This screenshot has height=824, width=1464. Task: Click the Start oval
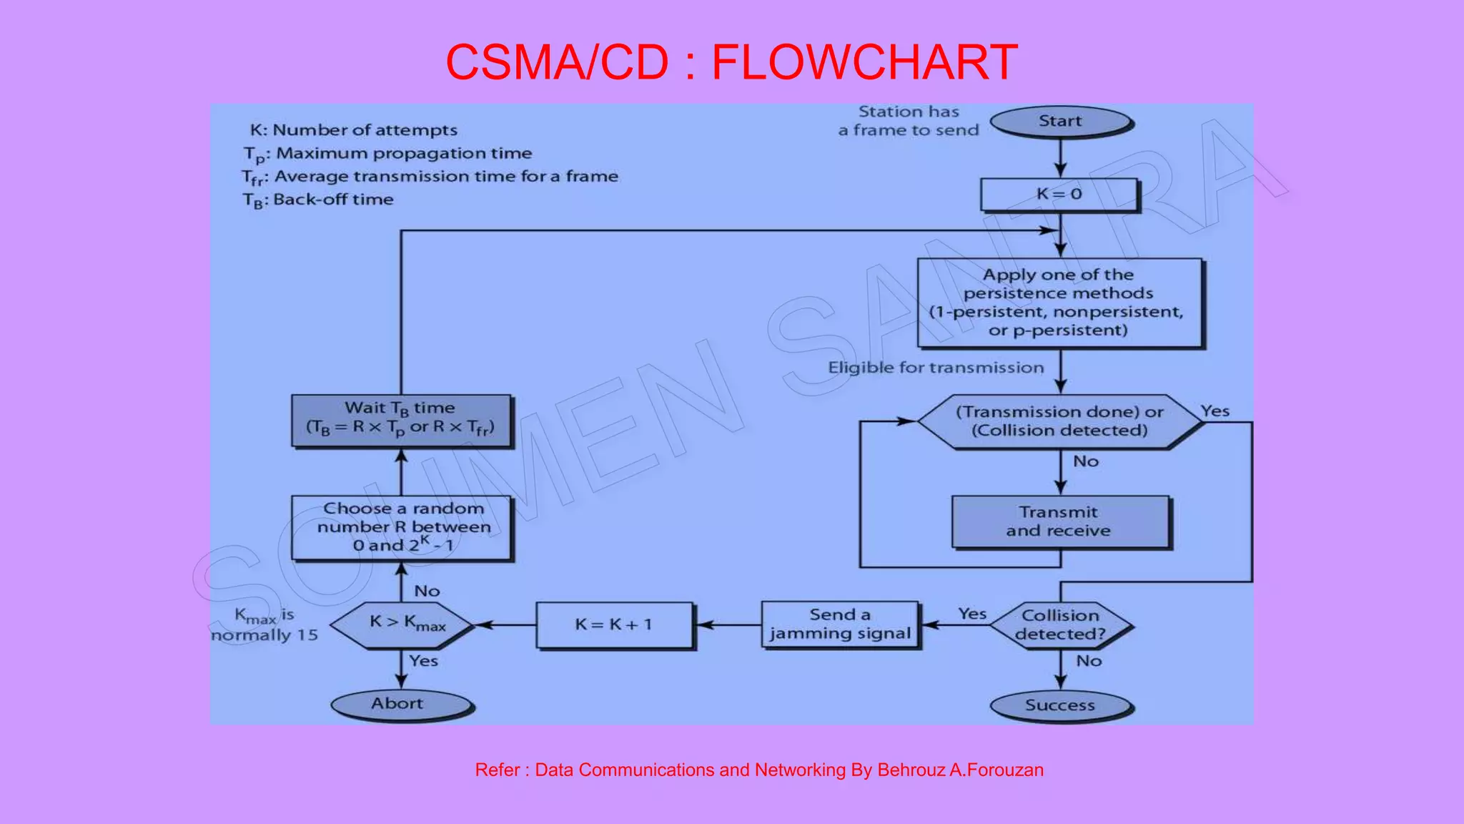[x=1060, y=122]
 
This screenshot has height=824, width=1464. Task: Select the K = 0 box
[x=1059, y=195]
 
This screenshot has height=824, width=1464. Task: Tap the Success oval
[x=1060, y=705]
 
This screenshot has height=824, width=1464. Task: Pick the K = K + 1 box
[x=614, y=624]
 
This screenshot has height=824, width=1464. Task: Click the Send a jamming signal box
[x=840, y=624]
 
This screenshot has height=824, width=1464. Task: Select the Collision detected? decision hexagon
[x=1061, y=625]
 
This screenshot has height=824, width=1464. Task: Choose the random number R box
[x=402, y=527]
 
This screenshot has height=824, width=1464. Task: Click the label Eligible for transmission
[x=936, y=368]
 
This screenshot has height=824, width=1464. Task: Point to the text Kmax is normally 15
[x=265, y=625]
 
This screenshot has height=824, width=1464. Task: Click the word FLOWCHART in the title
[x=864, y=62]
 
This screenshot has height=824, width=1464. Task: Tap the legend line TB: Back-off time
[x=318, y=200]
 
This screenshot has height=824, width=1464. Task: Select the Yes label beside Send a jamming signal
[x=971, y=614]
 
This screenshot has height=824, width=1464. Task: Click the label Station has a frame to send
[x=909, y=121]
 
